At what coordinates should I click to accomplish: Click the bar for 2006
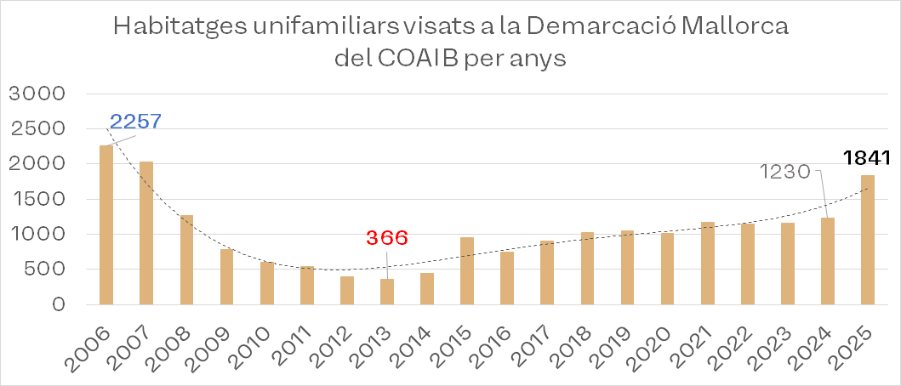pyautogui.click(x=106, y=224)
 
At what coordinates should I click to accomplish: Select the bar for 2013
pyautogui.click(x=387, y=291)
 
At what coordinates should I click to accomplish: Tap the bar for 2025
pyautogui.click(x=867, y=239)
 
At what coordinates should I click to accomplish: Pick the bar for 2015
pyautogui.click(x=467, y=270)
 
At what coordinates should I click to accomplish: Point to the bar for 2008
pyautogui.click(x=186, y=259)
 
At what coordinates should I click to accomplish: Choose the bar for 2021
pyautogui.click(x=708, y=263)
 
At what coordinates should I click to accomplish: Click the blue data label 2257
pyautogui.click(x=136, y=122)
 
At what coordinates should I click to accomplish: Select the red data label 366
pyautogui.click(x=388, y=238)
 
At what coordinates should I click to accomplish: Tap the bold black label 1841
pyautogui.click(x=866, y=158)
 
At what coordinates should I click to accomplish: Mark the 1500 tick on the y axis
pyautogui.click(x=35, y=199)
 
